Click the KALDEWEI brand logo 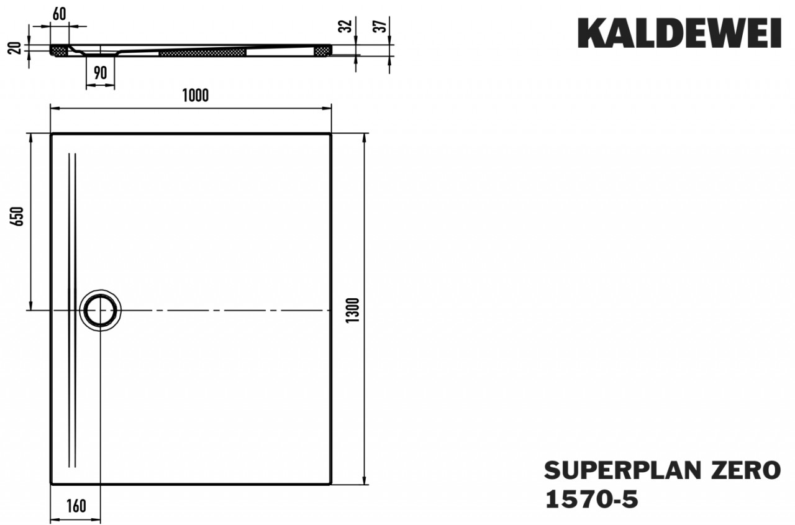679,33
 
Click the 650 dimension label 19,216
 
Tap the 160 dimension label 75,506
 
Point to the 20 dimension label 17,47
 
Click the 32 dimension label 347,26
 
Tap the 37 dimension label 383,26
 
